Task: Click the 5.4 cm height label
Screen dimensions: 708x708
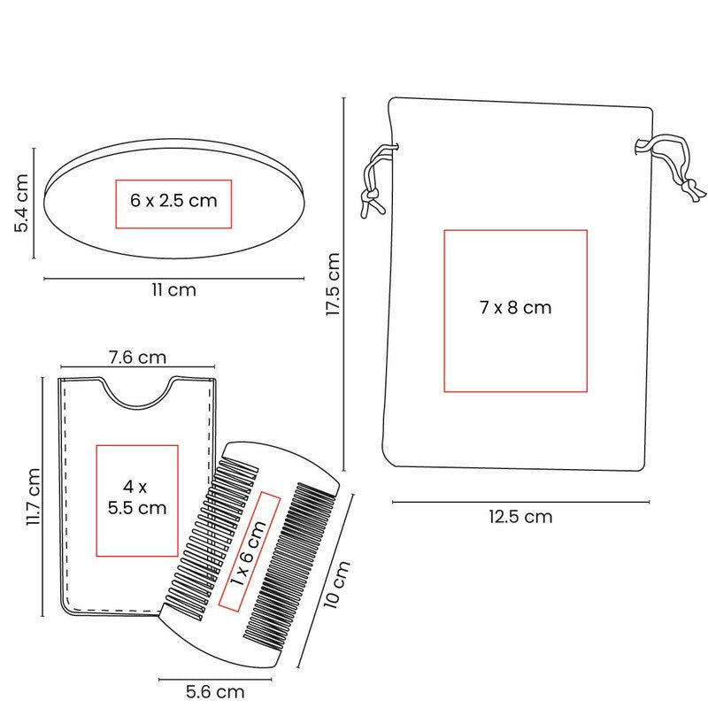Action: (x=21, y=203)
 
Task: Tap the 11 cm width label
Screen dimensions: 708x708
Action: (x=173, y=290)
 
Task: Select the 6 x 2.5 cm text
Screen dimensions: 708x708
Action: (x=173, y=201)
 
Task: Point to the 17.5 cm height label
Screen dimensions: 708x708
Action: (x=333, y=284)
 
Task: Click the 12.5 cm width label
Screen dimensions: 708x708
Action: (x=520, y=517)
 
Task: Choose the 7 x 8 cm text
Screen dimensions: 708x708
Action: (x=516, y=307)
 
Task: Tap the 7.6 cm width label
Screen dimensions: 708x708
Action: (x=137, y=358)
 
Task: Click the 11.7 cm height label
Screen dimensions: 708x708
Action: (x=34, y=496)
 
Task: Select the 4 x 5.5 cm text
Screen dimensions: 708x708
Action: (x=137, y=497)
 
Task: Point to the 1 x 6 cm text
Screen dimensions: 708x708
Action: (x=248, y=553)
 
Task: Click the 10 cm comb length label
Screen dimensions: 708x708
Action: (x=337, y=585)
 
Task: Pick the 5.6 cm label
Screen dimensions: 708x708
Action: (x=215, y=691)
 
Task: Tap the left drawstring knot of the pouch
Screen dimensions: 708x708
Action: (x=369, y=195)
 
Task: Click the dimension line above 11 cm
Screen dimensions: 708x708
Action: (x=173, y=279)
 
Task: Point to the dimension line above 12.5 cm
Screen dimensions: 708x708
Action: (x=520, y=502)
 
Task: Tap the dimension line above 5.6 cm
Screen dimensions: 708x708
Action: (x=215, y=679)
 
